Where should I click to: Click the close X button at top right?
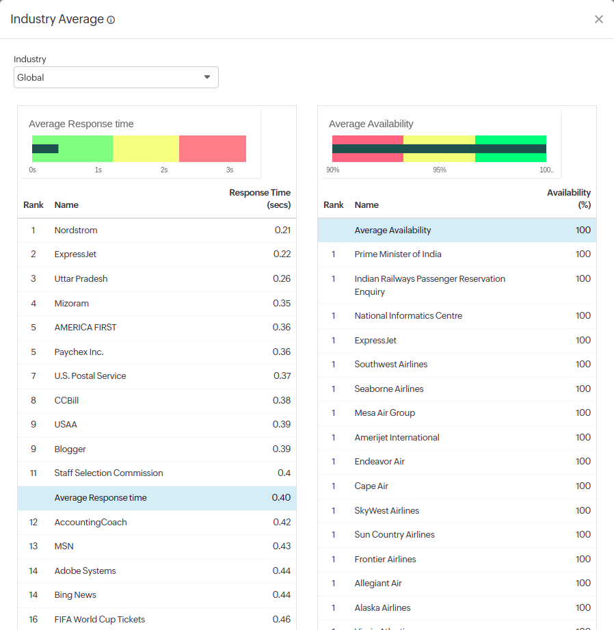pos(599,19)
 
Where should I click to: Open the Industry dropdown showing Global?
pos(116,77)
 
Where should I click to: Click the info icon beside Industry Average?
pos(111,20)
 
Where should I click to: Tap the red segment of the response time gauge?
pos(213,148)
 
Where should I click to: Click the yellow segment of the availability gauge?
pos(439,140)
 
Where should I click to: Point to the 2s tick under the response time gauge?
pos(164,170)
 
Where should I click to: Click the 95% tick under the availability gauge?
pos(440,170)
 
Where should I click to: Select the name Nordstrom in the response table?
pos(76,231)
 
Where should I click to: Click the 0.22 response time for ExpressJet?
pos(282,254)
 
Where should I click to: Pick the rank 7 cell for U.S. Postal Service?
pos(33,376)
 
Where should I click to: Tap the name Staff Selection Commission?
pos(109,473)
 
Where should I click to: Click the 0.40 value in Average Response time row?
pos(281,498)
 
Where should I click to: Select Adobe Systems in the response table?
pos(85,571)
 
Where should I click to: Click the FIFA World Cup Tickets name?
pos(100,620)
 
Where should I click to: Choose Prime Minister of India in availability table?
pos(398,254)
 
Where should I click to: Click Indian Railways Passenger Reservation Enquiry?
pos(429,285)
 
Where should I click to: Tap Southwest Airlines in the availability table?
pos(391,365)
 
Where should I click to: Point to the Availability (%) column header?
pos(569,199)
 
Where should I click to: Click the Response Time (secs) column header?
pos(260,199)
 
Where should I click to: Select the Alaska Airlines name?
pos(382,608)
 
